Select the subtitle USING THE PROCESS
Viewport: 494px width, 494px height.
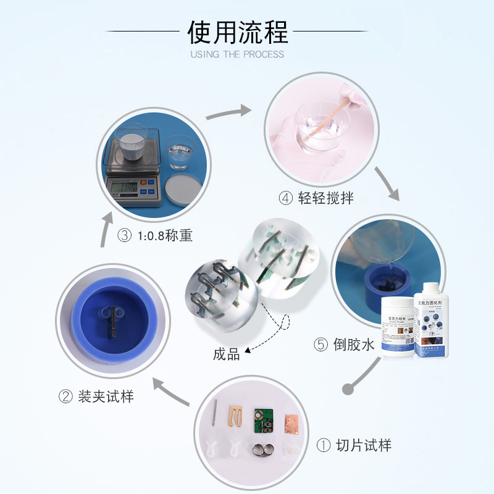238,54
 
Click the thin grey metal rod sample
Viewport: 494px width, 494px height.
214,414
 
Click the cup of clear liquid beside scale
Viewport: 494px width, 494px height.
180,153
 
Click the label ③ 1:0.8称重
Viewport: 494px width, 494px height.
154,236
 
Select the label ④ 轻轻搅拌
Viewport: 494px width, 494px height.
316,198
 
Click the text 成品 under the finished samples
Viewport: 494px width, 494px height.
226,354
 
